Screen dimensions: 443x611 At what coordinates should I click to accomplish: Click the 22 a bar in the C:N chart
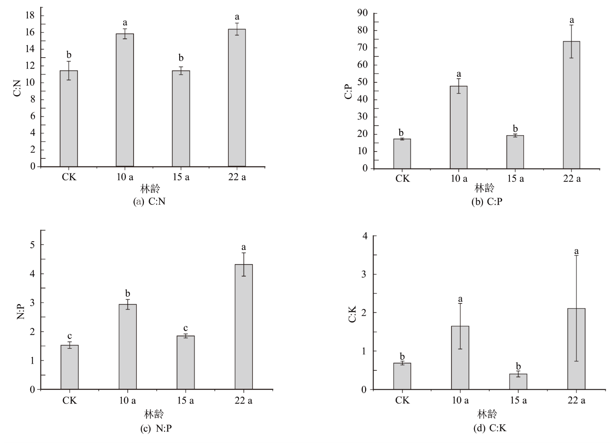click(x=237, y=98)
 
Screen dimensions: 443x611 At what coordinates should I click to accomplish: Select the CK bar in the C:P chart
click(x=402, y=154)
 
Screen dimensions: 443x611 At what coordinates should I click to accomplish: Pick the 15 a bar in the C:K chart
click(x=518, y=382)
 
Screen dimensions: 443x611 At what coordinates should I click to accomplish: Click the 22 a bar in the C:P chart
click(x=571, y=105)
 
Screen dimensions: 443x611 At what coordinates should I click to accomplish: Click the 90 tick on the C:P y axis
click(x=362, y=13)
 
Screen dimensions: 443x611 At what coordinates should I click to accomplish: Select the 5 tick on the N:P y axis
click(x=32, y=245)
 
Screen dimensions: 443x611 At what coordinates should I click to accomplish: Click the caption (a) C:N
click(x=149, y=202)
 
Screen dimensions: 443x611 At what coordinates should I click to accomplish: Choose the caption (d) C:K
click(x=490, y=428)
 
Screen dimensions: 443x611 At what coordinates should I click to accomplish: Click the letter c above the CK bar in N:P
click(x=70, y=336)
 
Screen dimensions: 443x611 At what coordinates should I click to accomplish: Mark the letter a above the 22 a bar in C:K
click(x=576, y=251)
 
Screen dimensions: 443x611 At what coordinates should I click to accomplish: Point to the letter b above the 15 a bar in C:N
click(x=181, y=58)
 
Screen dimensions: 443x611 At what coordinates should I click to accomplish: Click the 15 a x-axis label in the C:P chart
click(x=515, y=178)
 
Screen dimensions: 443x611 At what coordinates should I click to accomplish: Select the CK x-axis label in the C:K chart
click(x=402, y=400)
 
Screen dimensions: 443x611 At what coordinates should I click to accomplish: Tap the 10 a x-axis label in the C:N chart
click(x=125, y=177)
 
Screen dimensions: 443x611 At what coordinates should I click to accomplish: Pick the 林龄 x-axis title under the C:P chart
click(x=485, y=188)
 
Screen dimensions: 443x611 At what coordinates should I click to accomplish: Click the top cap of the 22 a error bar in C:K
click(x=576, y=255)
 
